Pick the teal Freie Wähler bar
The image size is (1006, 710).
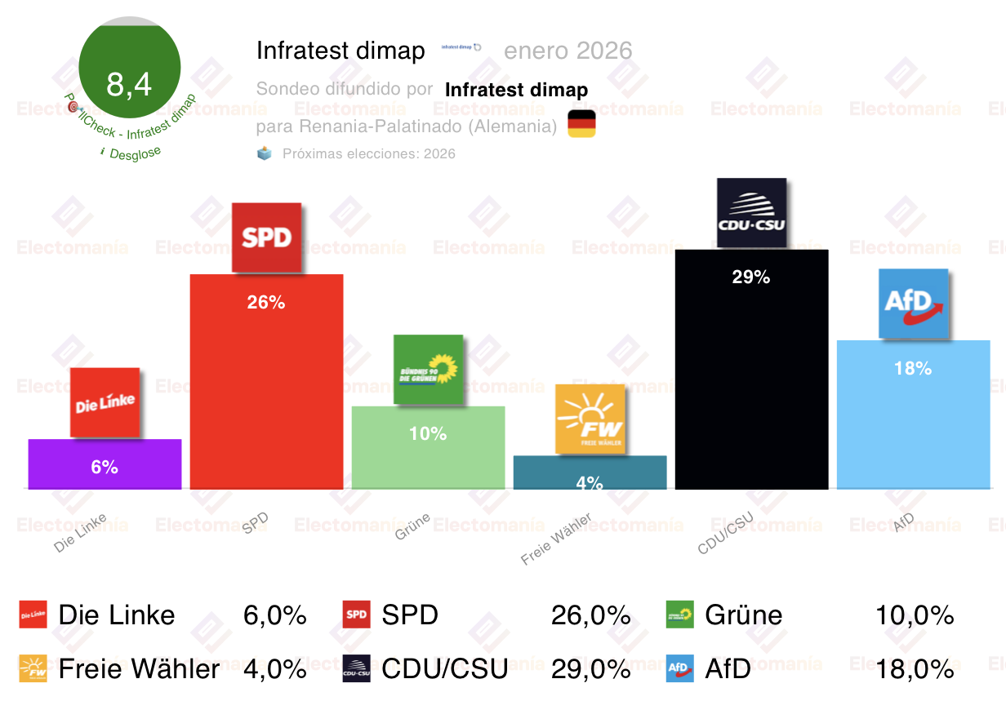[x=590, y=472]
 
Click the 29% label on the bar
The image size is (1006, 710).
[x=751, y=277]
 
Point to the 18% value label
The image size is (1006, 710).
[x=913, y=369]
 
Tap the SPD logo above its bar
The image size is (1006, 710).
[x=267, y=237]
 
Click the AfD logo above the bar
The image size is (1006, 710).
[x=913, y=303]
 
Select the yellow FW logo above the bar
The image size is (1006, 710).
[x=590, y=419]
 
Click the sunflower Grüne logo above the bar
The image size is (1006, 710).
[x=428, y=369]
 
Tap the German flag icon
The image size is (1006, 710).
[x=581, y=124]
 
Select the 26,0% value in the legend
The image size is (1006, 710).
[x=590, y=615]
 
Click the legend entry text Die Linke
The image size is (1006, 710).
[x=117, y=615]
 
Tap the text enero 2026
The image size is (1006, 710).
[x=568, y=51]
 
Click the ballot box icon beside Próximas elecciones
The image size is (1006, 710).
[x=265, y=153]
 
